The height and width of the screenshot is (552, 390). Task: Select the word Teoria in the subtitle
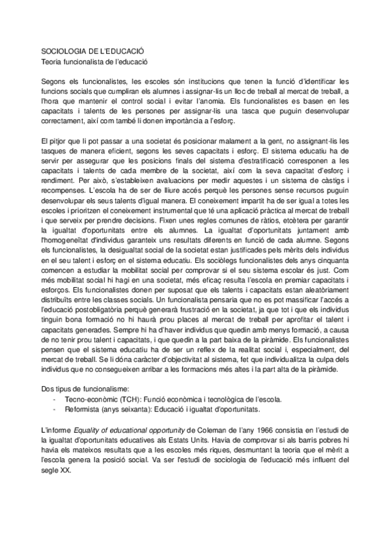(x=51, y=61)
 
